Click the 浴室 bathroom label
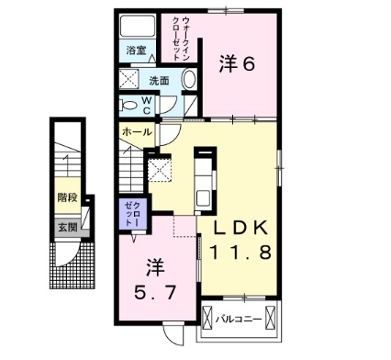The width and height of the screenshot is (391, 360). (136, 50)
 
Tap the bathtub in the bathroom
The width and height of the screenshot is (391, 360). (138, 26)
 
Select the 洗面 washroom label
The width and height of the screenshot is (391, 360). (159, 81)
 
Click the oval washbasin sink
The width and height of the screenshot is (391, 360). (189, 80)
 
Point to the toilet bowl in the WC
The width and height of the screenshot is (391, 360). (128, 106)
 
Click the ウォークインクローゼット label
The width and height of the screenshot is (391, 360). (182, 39)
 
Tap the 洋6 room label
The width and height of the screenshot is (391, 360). (237, 64)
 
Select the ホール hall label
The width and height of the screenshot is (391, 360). (137, 132)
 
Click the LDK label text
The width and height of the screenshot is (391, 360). (240, 228)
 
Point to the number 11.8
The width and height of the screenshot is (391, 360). (240, 253)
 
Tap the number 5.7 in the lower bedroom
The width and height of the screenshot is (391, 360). (155, 292)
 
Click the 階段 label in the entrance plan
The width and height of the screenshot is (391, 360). (68, 197)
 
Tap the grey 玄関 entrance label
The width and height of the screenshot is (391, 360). (68, 228)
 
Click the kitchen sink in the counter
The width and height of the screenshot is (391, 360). (203, 198)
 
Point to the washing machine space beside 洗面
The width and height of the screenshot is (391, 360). (129, 79)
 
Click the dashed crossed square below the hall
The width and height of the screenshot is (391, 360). (160, 170)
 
